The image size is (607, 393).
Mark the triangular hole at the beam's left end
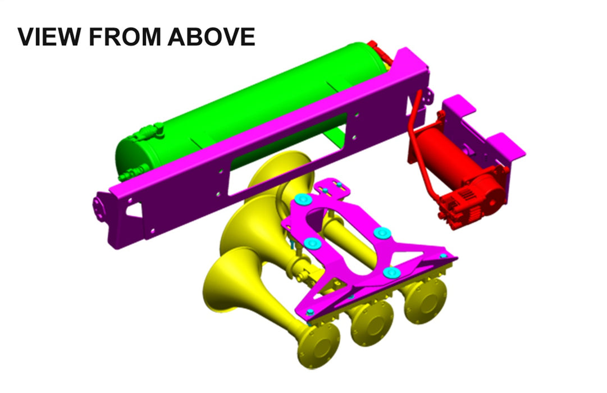[134, 208]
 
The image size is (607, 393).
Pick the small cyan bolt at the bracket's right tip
[444, 256]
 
